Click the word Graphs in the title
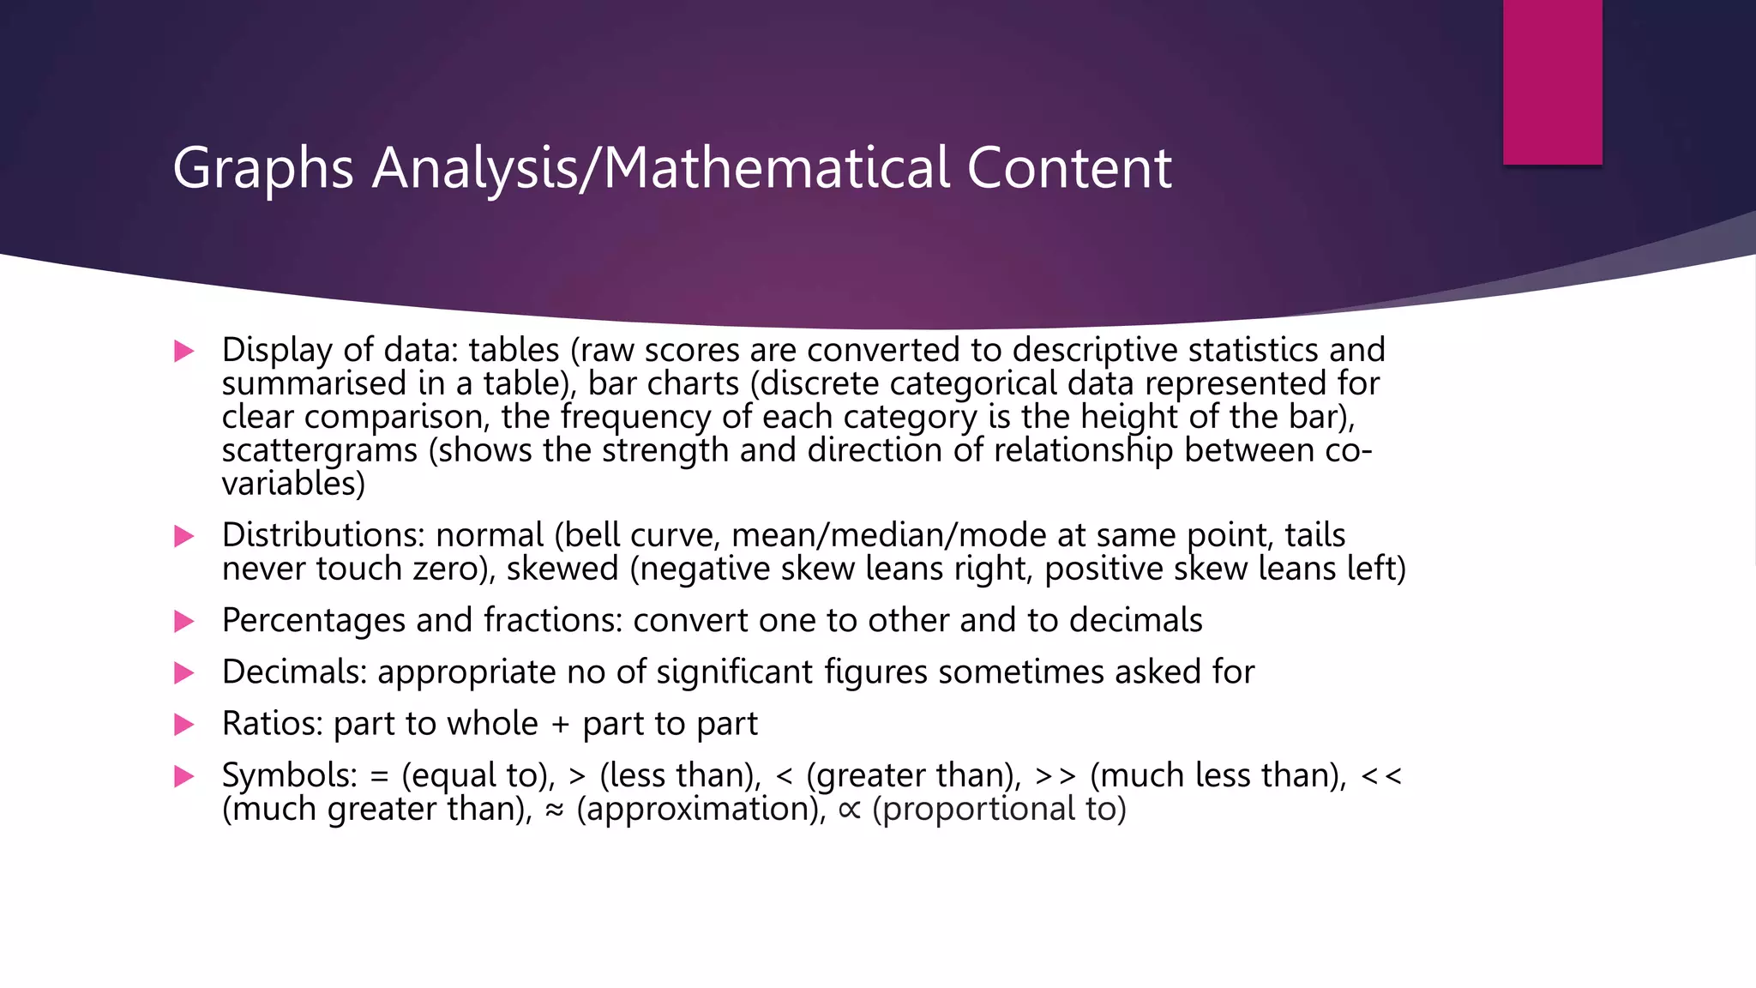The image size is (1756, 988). pos(263,168)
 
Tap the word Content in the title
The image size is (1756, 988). pos(1069,168)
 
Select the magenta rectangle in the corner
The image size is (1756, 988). pos(1552,81)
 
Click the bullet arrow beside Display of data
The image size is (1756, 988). pos(183,351)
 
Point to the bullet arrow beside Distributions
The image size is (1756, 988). pos(183,536)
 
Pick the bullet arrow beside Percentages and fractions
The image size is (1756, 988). pos(183,621)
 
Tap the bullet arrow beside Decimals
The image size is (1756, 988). pos(183,672)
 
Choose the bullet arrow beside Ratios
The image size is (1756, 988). pos(183,725)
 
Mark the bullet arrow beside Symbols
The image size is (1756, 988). pos(183,776)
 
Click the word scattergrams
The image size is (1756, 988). pos(320,451)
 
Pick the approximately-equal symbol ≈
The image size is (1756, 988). pos(555,810)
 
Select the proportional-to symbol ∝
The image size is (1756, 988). pos(849,810)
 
